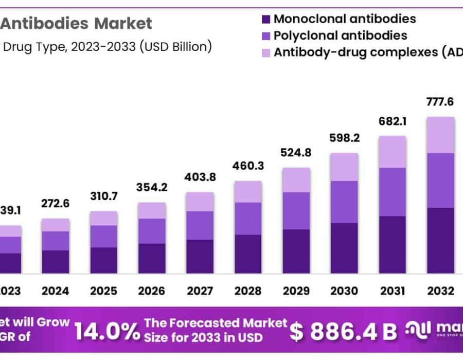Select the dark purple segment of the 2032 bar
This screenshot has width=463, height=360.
pyautogui.click(x=440, y=240)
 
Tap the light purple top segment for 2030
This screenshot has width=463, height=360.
pyautogui.click(x=344, y=167)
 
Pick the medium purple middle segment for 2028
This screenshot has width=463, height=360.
pyautogui.click(x=247, y=219)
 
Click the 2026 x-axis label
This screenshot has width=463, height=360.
pyautogui.click(x=151, y=291)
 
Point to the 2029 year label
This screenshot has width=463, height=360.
pyautogui.click(x=296, y=291)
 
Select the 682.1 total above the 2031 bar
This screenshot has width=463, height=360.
pyautogui.click(x=392, y=121)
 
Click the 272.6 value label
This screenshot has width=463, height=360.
pyautogui.click(x=55, y=204)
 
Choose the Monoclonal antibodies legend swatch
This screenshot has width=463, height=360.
pyautogui.click(x=266, y=20)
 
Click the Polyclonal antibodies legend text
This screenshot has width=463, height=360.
pyautogui.click(x=340, y=35)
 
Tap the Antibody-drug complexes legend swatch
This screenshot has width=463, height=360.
pyautogui.click(x=266, y=52)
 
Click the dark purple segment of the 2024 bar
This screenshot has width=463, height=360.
pyautogui.click(x=55, y=261)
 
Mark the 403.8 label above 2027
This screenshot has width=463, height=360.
pyautogui.click(x=200, y=178)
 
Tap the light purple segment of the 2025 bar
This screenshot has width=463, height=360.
pyautogui.click(x=103, y=218)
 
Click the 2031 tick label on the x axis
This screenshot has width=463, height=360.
pyautogui.click(x=392, y=291)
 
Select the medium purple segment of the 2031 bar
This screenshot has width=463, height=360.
pyautogui.click(x=392, y=192)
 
